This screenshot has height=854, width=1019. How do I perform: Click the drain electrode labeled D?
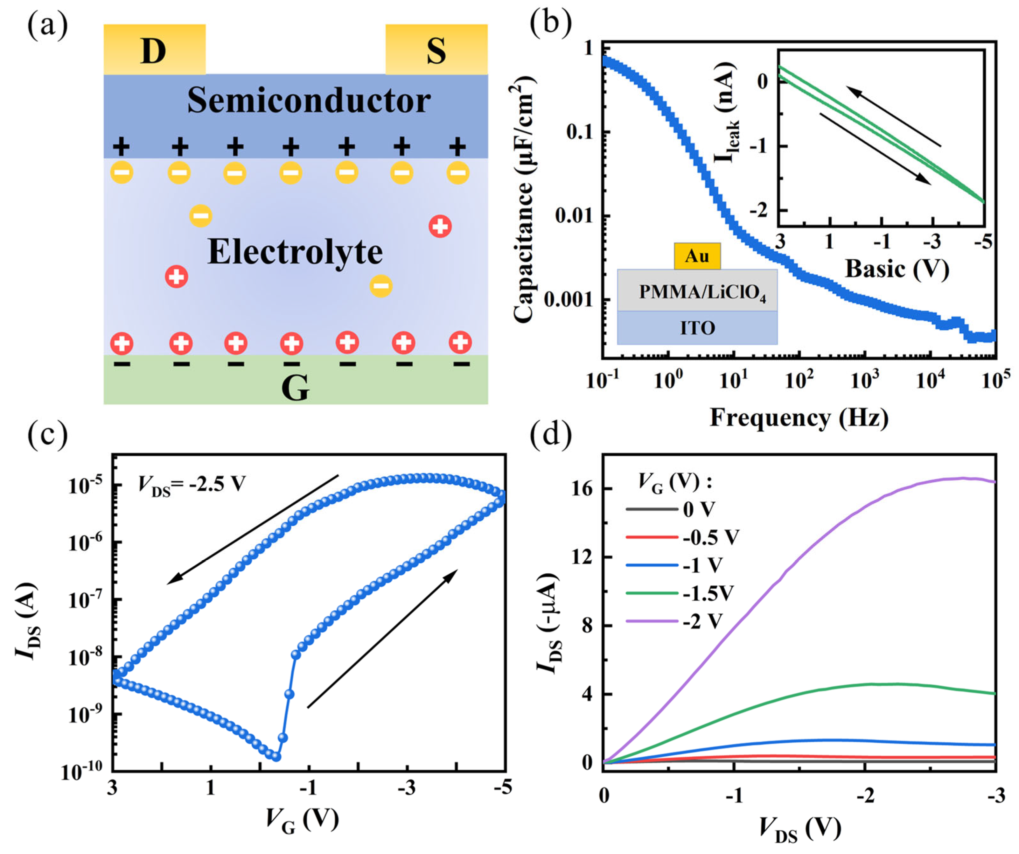pos(154,50)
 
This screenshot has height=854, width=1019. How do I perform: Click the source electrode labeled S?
pos(436,50)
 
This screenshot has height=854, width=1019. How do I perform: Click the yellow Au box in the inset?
pos(697,256)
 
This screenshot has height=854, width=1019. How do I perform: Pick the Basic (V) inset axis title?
pos(897,269)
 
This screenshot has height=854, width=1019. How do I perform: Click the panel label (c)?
pos(47,435)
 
